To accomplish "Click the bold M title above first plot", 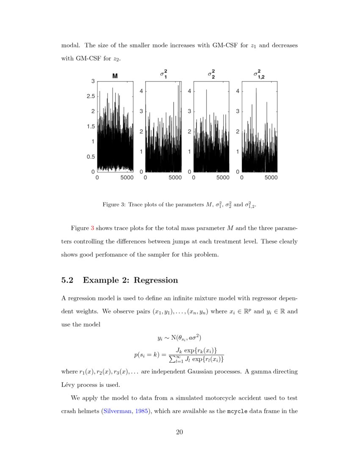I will tap(115, 76).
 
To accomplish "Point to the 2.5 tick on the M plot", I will tap(90, 96).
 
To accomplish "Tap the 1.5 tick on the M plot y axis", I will tap(90, 126).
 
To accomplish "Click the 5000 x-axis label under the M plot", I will tap(127, 178).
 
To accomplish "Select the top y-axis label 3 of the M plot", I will tap(93, 81).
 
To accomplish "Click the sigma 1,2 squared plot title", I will tap(258, 75).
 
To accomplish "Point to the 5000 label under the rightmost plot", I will tap(271, 178).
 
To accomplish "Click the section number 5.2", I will tap(68, 280).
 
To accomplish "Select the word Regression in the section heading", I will tap(156, 280).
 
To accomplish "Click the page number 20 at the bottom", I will tap(180, 432).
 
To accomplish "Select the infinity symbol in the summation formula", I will tap(174, 356).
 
